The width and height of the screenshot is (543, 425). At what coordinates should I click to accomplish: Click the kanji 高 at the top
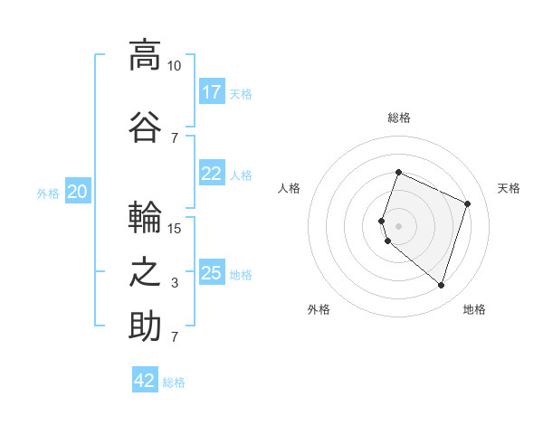(145, 55)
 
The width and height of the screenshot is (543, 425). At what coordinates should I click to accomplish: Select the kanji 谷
(145, 127)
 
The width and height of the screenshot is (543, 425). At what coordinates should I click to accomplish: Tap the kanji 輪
(145, 217)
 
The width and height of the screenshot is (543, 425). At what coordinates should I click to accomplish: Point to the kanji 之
(145, 273)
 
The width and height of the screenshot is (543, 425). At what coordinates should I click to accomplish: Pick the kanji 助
(145, 326)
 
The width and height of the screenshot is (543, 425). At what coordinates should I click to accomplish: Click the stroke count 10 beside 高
(174, 66)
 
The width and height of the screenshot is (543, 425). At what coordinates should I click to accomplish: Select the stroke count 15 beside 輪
(174, 229)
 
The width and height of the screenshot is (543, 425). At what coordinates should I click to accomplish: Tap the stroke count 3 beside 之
(175, 283)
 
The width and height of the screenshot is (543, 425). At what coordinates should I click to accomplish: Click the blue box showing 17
(212, 91)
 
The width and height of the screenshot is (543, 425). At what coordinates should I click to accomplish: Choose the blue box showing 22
(212, 173)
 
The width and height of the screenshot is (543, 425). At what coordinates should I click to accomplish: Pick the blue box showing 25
(212, 271)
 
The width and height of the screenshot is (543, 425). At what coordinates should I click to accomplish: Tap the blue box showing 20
(78, 191)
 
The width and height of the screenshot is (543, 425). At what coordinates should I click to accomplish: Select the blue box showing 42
(145, 379)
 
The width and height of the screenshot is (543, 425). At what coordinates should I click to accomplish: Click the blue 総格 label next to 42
(174, 382)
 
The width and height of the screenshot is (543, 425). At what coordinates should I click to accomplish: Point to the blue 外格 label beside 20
(48, 194)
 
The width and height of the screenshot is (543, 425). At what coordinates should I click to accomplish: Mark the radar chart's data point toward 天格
(467, 203)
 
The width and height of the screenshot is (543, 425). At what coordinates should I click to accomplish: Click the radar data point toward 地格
(441, 285)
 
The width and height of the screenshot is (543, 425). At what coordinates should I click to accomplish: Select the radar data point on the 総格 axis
(398, 172)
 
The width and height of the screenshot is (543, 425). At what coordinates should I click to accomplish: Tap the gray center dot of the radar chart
(398, 226)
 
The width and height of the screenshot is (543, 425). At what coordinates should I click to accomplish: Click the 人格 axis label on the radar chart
(289, 188)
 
